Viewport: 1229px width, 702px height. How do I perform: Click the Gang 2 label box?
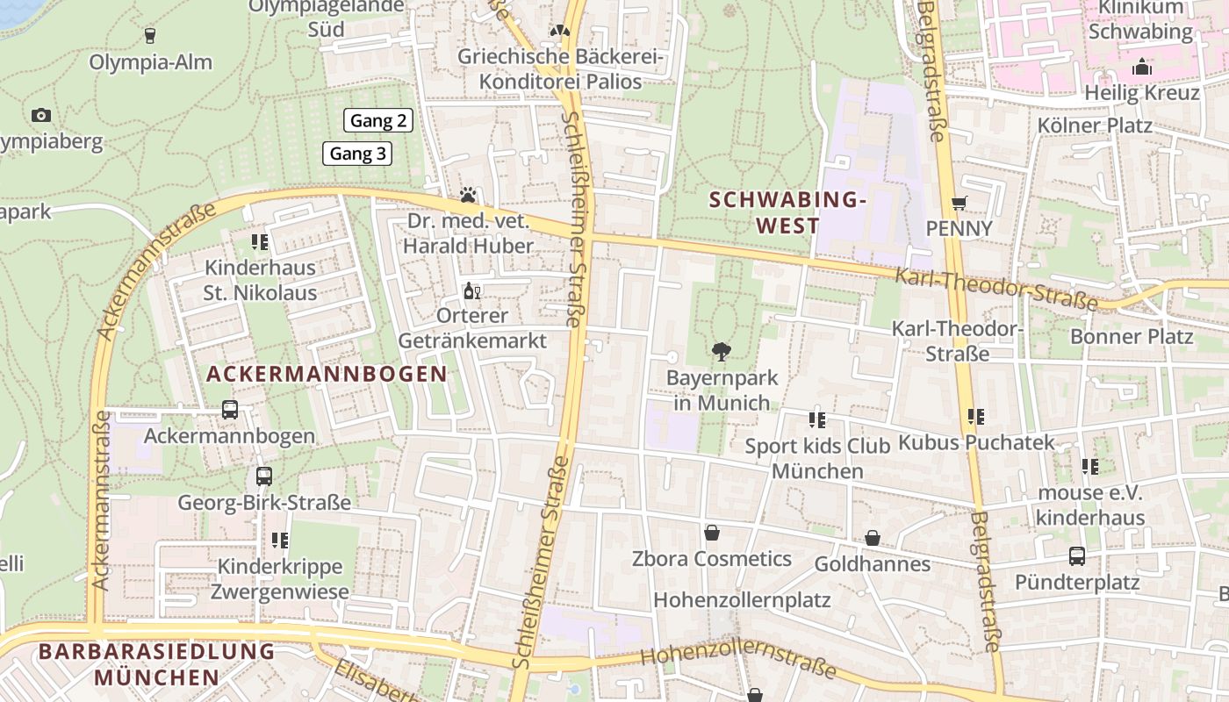378,120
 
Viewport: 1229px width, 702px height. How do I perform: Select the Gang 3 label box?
357,154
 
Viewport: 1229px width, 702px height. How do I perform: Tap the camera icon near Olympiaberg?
40,115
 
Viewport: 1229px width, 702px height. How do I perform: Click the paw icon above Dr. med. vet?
468,195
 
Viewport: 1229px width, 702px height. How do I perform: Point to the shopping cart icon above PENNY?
959,203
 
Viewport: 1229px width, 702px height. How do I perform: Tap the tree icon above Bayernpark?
722,352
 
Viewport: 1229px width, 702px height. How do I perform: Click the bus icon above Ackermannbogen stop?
229,409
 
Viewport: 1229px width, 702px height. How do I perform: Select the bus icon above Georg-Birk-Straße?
263,476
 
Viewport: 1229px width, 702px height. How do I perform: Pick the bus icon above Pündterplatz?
1076,555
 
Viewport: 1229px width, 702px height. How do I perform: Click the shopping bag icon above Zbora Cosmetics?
711,533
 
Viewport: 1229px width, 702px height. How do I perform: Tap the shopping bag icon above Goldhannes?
872,537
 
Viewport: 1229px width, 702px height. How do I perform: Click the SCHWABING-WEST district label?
787,212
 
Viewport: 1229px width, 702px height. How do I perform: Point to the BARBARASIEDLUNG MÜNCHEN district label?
157,664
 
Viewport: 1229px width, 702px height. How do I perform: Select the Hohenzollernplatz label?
742,600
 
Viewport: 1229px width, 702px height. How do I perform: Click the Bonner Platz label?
1131,336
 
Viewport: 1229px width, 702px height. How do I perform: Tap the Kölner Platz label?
1094,125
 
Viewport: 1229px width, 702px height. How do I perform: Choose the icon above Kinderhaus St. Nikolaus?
259,241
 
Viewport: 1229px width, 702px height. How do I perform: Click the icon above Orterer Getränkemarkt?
471,290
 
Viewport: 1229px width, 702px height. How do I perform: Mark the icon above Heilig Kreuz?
1141,66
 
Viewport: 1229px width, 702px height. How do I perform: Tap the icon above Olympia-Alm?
149,35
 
